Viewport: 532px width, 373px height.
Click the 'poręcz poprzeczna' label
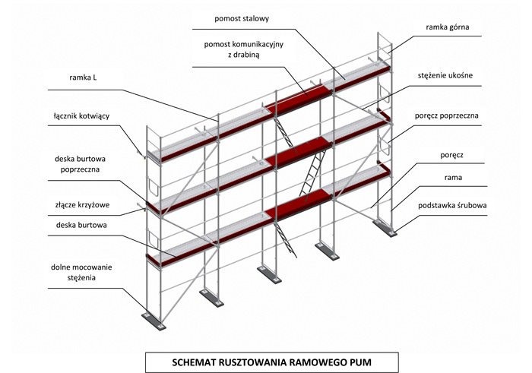pos(450,115)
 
